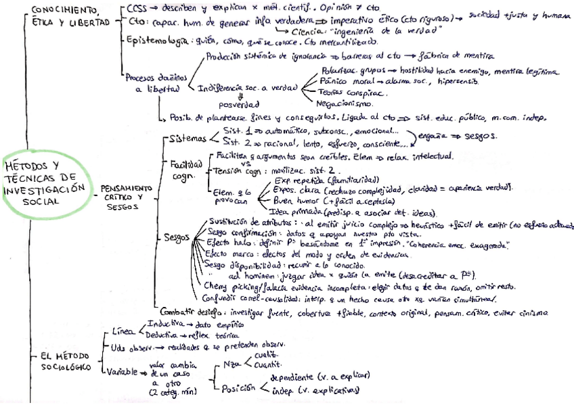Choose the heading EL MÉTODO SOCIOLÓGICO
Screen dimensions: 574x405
[61, 360]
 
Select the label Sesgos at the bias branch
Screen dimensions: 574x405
[177, 237]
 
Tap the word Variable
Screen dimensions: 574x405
[121, 372]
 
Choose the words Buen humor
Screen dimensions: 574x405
[296, 201]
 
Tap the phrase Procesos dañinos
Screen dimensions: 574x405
[153, 78]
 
